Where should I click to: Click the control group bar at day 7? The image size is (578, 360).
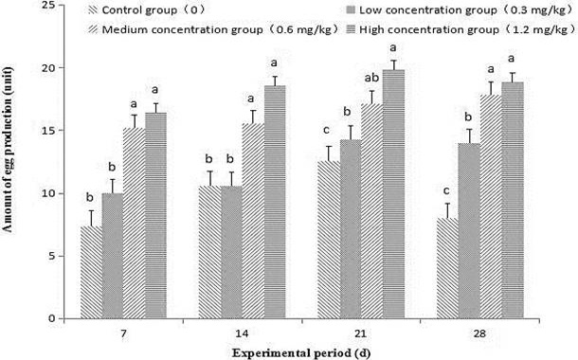pyautogui.click(x=91, y=272)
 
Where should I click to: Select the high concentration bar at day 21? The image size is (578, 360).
pyautogui.click(x=394, y=194)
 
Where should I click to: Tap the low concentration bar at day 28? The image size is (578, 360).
pyautogui.click(x=469, y=230)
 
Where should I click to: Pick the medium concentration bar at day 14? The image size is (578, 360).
pyautogui.click(x=253, y=221)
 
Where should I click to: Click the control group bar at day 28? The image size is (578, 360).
pyautogui.click(x=447, y=268)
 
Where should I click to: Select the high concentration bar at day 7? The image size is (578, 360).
pyautogui.click(x=156, y=216)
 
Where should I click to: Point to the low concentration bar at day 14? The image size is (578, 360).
pyautogui.click(x=231, y=252)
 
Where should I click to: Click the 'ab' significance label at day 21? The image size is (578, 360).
pyautogui.click(x=371, y=78)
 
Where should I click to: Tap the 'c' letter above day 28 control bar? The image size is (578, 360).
pyautogui.click(x=446, y=191)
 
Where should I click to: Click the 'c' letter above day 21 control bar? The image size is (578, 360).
pyautogui.click(x=326, y=131)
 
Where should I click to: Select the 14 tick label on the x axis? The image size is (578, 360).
pyautogui.click(x=243, y=334)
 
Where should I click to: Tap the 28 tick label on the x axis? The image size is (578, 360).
pyautogui.click(x=480, y=334)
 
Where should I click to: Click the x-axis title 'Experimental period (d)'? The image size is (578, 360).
pyautogui.click(x=301, y=353)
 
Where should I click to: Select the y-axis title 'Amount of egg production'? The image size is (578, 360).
pyautogui.click(x=7, y=150)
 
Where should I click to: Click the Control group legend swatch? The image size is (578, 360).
pyautogui.click(x=93, y=10)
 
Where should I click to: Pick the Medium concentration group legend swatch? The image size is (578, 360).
pyautogui.click(x=93, y=29)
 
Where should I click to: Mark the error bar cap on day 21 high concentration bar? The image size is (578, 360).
pyautogui.click(x=394, y=61)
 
